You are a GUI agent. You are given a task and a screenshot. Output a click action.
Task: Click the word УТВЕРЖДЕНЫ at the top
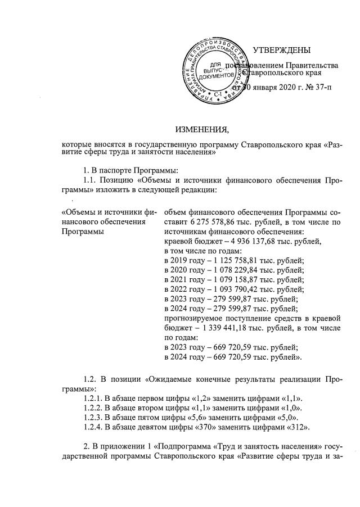click(x=281, y=51)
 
